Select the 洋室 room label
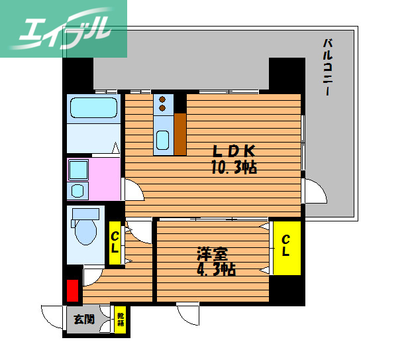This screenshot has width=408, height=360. click(212, 254)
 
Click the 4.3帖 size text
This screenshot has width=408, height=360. click(215, 270)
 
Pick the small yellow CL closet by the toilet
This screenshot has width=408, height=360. click(115, 243)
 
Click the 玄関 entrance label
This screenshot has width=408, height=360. click(83, 319)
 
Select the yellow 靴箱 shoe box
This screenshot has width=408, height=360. click(121, 319)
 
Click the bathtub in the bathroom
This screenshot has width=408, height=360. click(93, 107)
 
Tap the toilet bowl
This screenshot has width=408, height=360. click(87, 229)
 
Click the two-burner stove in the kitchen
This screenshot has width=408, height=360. click(163, 103)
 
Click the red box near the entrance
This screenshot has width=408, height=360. click(72, 291)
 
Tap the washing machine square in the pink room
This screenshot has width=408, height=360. click(78, 169)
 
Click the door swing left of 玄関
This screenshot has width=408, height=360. click(52, 316)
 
